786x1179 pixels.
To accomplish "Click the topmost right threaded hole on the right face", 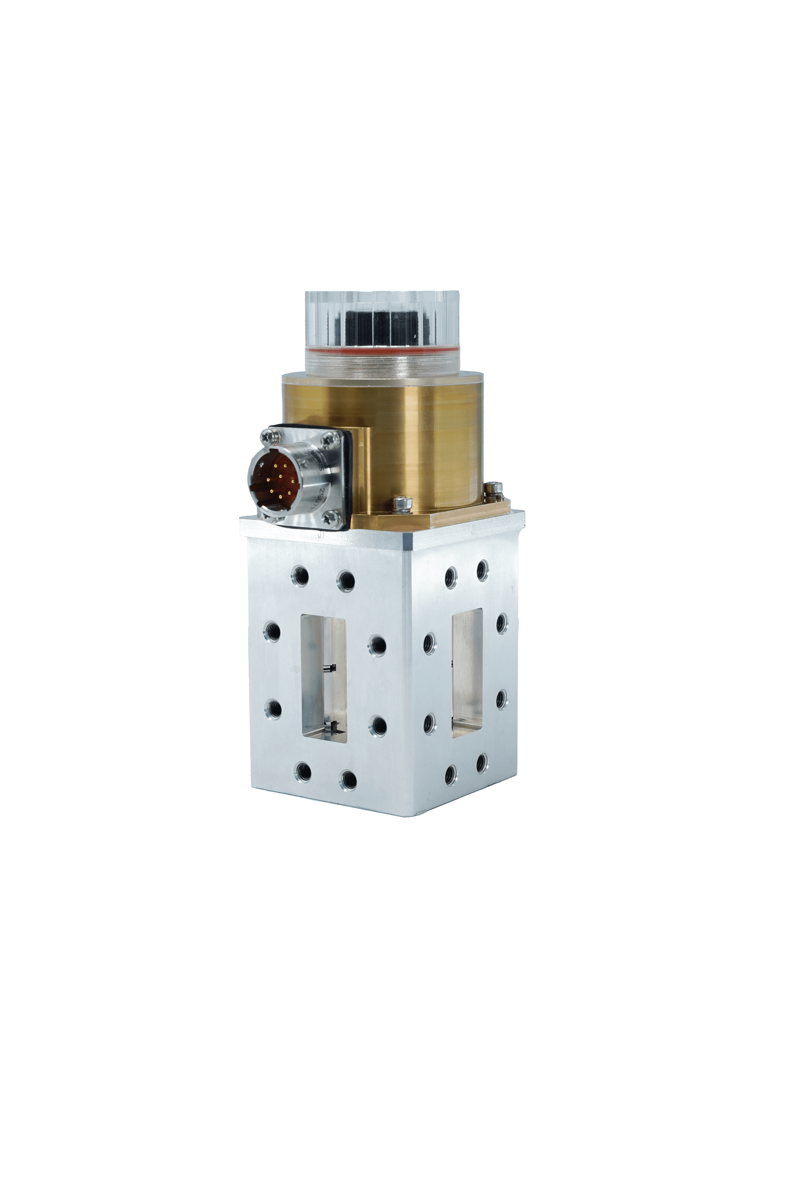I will (x=482, y=570).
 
